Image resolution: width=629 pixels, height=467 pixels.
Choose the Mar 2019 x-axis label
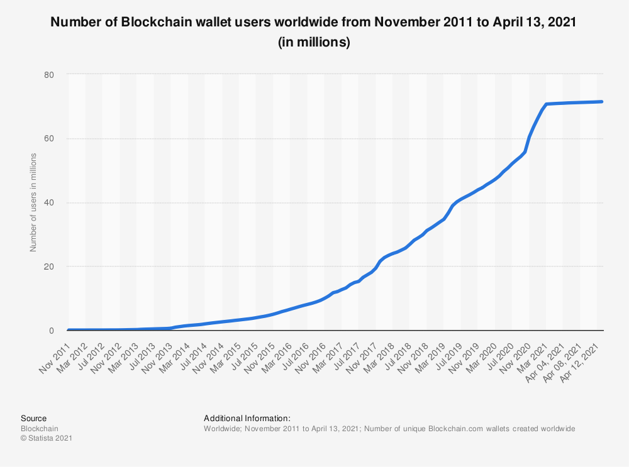click(x=429, y=352)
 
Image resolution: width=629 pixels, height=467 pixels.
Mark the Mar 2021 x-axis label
click(x=532, y=352)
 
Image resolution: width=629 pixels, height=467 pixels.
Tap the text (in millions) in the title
click(x=314, y=43)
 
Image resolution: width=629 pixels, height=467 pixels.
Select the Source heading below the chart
click(x=33, y=418)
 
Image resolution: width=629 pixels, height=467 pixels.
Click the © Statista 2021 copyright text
click(x=47, y=438)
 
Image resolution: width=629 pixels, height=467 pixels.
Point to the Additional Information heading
click(x=247, y=418)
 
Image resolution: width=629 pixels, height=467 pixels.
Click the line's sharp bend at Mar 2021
click(x=546, y=104)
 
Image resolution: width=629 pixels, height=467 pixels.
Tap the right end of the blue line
click(x=602, y=102)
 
